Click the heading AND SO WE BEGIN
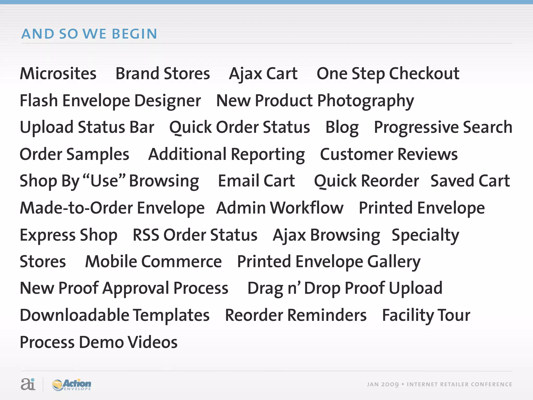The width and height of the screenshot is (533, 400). click(x=89, y=34)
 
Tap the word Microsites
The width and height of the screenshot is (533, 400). click(x=58, y=73)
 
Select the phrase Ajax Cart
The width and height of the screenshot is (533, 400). click(x=263, y=73)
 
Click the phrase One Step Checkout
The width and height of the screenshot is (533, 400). click(x=388, y=73)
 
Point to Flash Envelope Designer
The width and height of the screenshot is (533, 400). click(x=110, y=101)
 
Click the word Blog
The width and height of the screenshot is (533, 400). click(x=342, y=128)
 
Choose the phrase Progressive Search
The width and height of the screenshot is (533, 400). click(x=443, y=128)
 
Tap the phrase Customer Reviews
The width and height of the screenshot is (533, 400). click(x=389, y=154)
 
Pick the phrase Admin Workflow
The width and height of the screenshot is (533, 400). click(x=280, y=208)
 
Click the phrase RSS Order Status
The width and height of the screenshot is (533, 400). click(x=195, y=235)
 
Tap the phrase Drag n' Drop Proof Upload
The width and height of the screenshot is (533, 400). click(x=345, y=288)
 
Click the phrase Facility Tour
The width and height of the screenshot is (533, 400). click(x=426, y=315)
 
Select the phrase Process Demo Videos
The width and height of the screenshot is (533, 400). click(x=99, y=342)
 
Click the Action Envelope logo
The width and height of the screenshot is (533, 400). click(x=72, y=385)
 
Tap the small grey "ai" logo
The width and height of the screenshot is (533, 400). click(x=28, y=384)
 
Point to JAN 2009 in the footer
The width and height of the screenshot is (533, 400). click(x=383, y=385)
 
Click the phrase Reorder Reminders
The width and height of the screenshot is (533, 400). click(x=296, y=315)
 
